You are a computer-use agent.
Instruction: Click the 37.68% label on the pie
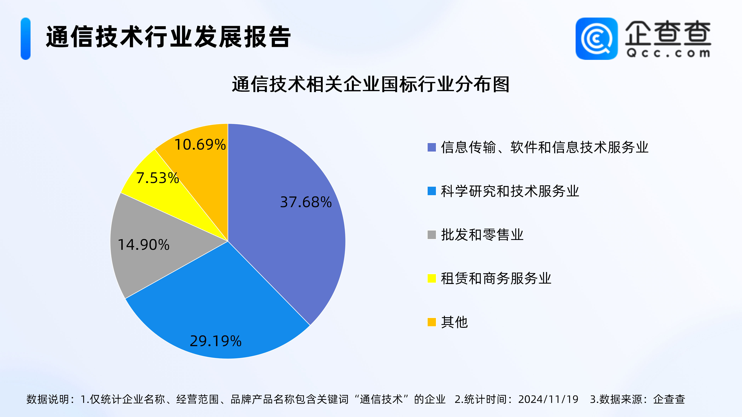click(x=306, y=202)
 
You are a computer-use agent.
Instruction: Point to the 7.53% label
click(x=157, y=178)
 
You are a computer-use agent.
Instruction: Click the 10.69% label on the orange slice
click(x=200, y=144)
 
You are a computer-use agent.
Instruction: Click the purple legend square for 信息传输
click(x=431, y=147)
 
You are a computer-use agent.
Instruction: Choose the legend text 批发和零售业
click(x=482, y=235)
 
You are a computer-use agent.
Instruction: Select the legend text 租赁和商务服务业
click(x=496, y=278)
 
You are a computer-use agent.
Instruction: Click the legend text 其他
click(x=454, y=322)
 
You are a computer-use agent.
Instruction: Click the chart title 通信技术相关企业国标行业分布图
click(x=371, y=84)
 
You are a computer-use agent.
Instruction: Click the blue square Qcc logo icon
click(x=596, y=39)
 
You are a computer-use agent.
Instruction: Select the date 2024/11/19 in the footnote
click(x=548, y=399)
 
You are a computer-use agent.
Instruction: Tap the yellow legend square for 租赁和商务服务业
click(x=431, y=278)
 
